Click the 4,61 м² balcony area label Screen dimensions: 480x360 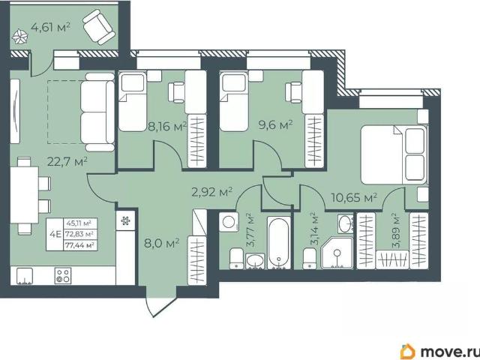point(51,27)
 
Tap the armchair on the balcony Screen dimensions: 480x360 point(99,27)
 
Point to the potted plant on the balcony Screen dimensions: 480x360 point(20,37)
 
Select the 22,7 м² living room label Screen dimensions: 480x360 point(67,161)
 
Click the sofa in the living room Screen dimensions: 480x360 point(97,112)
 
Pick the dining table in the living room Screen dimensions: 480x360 point(24,195)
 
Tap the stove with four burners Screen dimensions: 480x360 point(63,275)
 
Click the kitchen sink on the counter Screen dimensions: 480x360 point(25,276)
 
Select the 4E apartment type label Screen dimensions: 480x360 point(55,235)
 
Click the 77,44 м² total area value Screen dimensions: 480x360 point(79,245)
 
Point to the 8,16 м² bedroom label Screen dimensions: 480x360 point(167,126)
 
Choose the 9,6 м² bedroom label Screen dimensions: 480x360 point(275,125)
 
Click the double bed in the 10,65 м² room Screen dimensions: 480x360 point(394,154)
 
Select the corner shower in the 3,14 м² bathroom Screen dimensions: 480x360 point(337,253)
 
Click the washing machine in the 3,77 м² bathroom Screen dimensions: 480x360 point(229,222)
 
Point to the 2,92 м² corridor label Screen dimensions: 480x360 point(211,192)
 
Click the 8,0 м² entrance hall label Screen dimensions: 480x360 point(162,244)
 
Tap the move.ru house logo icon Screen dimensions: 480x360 point(408,351)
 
